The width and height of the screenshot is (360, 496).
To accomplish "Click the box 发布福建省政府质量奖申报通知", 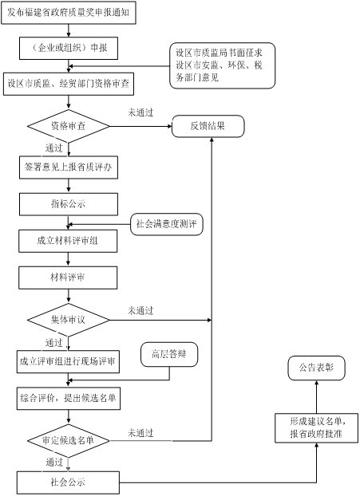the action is [69, 13].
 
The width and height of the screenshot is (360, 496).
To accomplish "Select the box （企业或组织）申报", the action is [69, 48].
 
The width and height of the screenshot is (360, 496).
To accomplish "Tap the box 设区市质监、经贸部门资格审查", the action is [69, 85].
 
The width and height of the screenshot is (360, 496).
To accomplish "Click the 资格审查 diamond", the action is [69, 126].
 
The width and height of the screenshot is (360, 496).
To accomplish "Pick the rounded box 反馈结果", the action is [208, 126].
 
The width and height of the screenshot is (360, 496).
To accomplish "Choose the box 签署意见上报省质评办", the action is [69, 167].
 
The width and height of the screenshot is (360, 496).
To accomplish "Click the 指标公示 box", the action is [69, 204].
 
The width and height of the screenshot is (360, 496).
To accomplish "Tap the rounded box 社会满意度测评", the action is [167, 224].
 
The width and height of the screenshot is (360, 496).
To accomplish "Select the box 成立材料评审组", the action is [68, 241].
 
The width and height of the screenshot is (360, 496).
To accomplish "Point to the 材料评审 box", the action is [68, 278].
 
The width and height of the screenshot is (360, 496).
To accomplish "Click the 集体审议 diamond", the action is [69, 320].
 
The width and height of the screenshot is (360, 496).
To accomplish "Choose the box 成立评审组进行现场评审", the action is [68, 361].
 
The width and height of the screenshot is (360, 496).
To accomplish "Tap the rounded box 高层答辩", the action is [169, 355].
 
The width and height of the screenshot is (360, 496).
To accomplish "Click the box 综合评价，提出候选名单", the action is [69, 398].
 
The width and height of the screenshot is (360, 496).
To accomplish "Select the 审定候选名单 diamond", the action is [69, 441].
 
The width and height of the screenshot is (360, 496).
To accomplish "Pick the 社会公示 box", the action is [68, 482].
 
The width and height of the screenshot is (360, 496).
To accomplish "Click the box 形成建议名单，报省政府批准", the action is [317, 428].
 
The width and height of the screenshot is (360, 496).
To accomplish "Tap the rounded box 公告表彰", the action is [316, 368].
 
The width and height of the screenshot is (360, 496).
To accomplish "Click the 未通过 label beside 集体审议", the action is [140, 311].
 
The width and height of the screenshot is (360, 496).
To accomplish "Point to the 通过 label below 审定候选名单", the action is [54, 463].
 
